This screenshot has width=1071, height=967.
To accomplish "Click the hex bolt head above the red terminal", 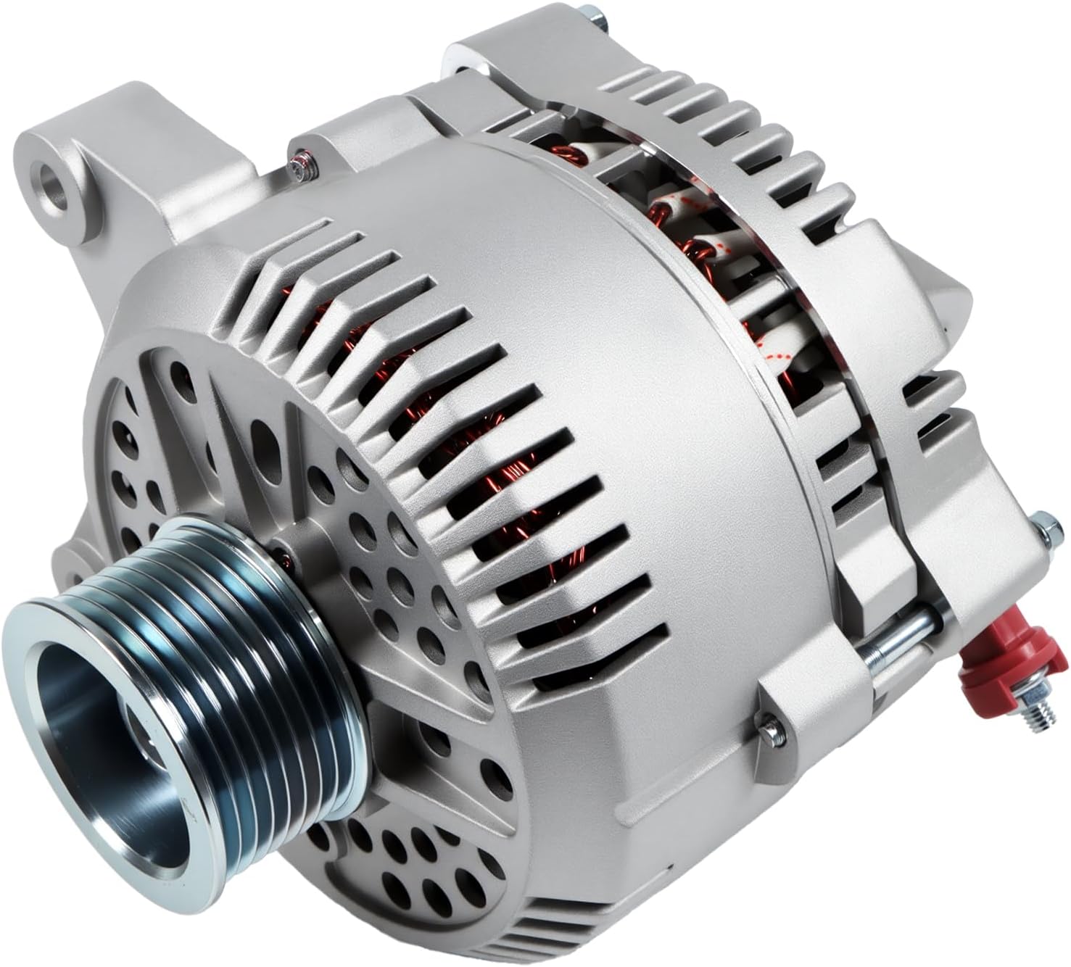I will [x=1042, y=526].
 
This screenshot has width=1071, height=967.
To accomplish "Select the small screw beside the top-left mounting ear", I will [x=299, y=167].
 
